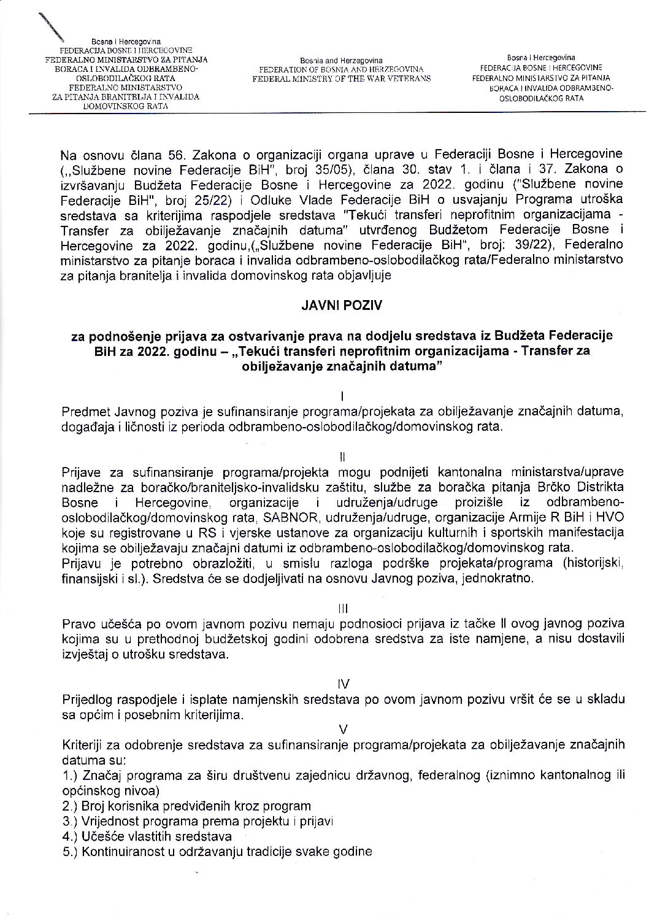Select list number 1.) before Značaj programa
(69, 776)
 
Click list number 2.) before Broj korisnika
(69, 806)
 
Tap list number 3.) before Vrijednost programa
(69, 821)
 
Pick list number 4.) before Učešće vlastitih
(69, 836)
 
